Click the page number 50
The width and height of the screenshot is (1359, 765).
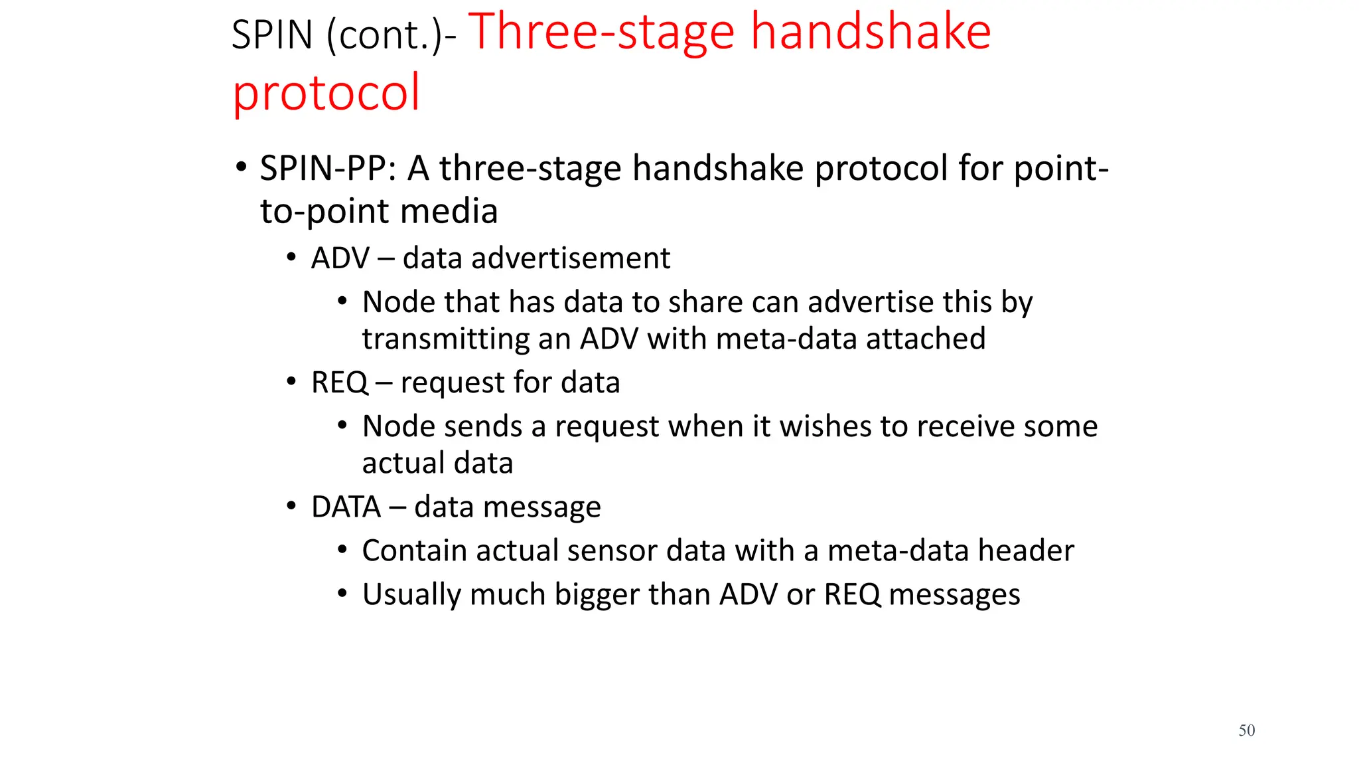1246,730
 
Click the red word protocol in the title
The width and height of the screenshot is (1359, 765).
326,94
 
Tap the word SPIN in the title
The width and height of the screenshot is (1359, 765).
272,35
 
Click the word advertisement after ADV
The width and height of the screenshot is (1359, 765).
570,258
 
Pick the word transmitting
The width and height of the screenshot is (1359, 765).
445,339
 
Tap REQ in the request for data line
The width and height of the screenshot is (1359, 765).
339,382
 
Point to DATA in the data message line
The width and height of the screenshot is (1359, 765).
346,507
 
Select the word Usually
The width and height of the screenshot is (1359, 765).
411,594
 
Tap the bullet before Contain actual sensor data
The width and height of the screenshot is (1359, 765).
342,550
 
